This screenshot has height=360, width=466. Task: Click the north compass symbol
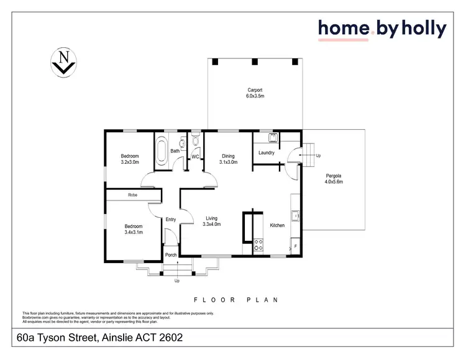63,62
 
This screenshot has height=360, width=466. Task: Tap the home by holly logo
382,29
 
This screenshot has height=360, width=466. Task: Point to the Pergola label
334,179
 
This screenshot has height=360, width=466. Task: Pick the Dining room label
228,159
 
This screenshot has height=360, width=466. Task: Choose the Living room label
212,222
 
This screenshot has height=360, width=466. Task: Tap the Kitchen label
277,225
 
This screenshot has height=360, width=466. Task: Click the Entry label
171,219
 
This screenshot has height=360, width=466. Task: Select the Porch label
171,255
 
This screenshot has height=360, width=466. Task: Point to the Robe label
132,196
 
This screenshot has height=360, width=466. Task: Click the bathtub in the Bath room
162,151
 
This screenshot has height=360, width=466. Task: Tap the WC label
194,156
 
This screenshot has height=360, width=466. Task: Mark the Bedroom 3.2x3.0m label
130,159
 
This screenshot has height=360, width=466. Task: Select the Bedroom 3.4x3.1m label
134,230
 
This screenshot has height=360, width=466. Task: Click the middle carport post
255,61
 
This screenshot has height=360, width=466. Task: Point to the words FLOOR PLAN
235,299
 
